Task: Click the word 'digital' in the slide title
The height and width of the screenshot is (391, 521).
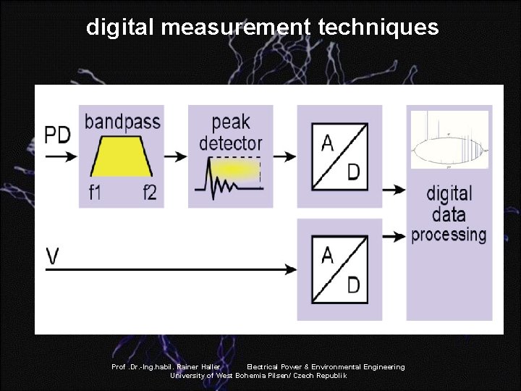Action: [x=120, y=28]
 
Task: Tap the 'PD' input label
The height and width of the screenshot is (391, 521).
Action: [x=59, y=135]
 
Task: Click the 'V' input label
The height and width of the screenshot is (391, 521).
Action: [x=53, y=256]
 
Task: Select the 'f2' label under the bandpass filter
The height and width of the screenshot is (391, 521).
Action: [x=149, y=193]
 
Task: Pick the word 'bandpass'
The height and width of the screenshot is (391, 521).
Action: [x=122, y=121]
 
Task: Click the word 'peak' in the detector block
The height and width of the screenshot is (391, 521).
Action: [x=231, y=122]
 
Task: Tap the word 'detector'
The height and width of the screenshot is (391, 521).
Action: [x=231, y=143]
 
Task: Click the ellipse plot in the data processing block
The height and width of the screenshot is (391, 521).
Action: [x=449, y=150]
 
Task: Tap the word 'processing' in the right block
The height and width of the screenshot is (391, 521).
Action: [x=449, y=235]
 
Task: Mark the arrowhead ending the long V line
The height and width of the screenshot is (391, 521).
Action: [x=291, y=269]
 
